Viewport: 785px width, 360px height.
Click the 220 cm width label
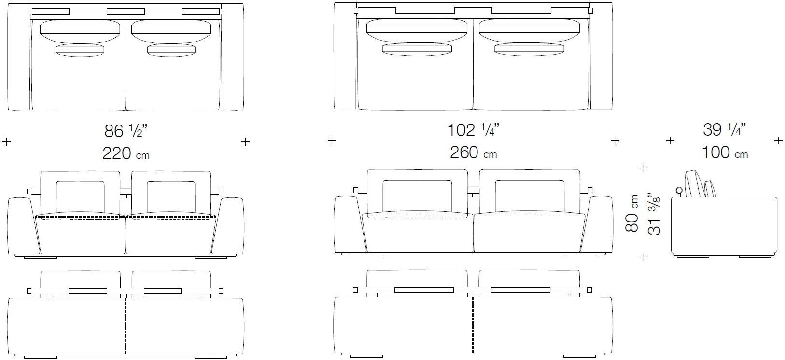click(126, 153)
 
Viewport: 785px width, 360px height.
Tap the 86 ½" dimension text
click(126, 131)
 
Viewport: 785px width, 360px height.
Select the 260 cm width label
click(474, 152)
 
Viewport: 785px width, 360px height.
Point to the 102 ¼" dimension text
click(474, 130)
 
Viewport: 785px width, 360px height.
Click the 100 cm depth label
click(725, 152)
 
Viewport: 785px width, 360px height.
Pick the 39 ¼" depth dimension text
click(724, 130)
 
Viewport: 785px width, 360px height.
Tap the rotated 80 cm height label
click(632, 213)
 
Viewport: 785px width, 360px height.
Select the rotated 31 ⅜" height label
click(654, 213)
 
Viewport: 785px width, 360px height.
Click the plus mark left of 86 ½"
click(7, 141)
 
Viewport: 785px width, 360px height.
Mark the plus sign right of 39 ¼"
click(778, 141)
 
